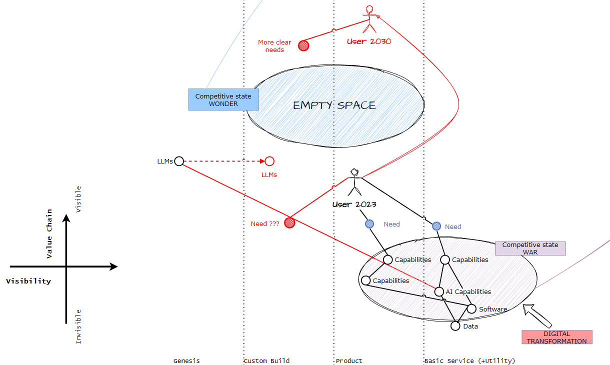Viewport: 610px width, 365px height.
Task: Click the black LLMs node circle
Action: pyautogui.click(x=179, y=161)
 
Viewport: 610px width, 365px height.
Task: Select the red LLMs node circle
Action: pyautogui.click(x=269, y=161)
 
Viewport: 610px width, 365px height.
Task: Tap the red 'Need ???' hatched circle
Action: pyautogui.click(x=289, y=223)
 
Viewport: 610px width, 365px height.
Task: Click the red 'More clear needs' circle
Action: pyautogui.click(x=303, y=45)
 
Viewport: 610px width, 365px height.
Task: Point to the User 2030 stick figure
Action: pyautogui.click(x=369, y=19)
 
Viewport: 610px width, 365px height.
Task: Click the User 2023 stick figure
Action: pyautogui.click(x=354, y=182)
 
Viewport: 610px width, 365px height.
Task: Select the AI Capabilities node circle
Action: pyautogui.click(x=439, y=291)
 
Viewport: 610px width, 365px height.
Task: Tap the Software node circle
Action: pyautogui.click(x=471, y=309)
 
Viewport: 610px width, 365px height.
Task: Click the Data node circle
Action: pyautogui.click(x=455, y=326)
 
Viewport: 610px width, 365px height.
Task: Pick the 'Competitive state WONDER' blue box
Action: pyautogui.click(x=223, y=99)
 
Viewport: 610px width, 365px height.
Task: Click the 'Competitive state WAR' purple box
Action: pyautogui.click(x=530, y=248)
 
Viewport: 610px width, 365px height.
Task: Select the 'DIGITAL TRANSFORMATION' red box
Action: pyautogui.click(x=557, y=337)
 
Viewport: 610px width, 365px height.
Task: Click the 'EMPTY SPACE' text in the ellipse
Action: pyautogui.click(x=334, y=105)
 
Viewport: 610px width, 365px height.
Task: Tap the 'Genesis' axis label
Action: pyautogui.click(x=186, y=361)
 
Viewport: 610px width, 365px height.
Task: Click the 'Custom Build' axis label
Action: pyautogui.click(x=266, y=361)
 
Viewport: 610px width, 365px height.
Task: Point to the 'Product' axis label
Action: pyautogui.click(x=349, y=361)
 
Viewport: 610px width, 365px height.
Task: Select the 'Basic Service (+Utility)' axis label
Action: pyautogui.click(x=470, y=361)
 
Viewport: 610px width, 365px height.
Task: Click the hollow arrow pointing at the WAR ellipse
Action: pyautogui.click(x=536, y=315)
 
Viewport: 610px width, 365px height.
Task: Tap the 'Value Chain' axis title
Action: pyautogui.click(x=49, y=233)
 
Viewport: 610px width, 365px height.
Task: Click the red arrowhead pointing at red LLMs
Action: pyautogui.click(x=262, y=161)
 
